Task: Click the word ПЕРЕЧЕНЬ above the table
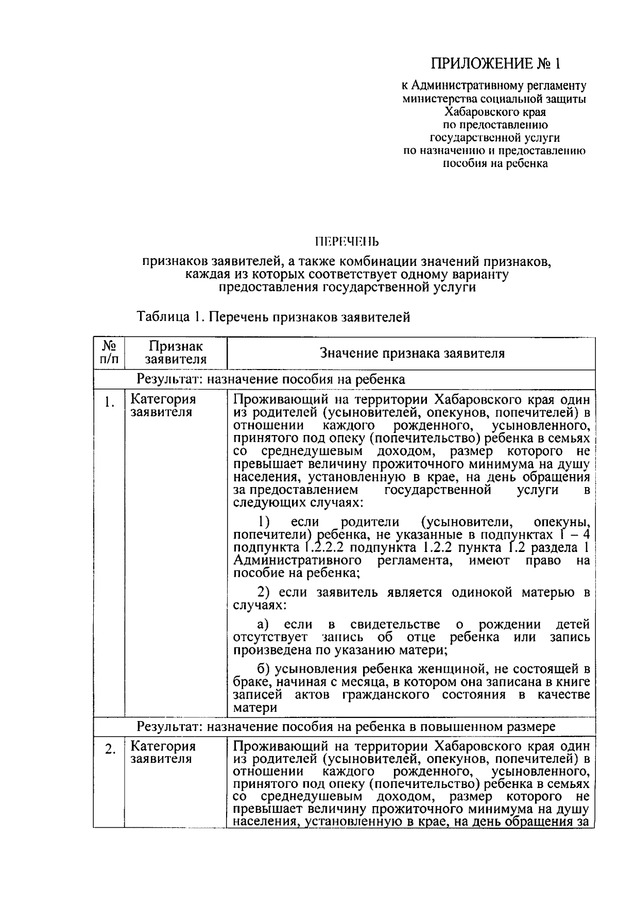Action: [x=347, y=241]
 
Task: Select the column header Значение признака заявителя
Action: [x=412, y=353]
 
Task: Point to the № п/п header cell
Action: [x=108, y=353]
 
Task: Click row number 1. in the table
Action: [x=109, y=403]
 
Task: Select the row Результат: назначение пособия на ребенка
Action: [x=270, y=380]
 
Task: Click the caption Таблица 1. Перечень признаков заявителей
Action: [x=273, y=316]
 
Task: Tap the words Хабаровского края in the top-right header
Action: [x=495, y=111]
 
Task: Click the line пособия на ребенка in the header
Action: [x=495, y=164]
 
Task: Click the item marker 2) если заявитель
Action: [x=264, y=592]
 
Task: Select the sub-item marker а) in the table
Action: [x=264, y=625]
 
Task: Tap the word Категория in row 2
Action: [x=163, y=746]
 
